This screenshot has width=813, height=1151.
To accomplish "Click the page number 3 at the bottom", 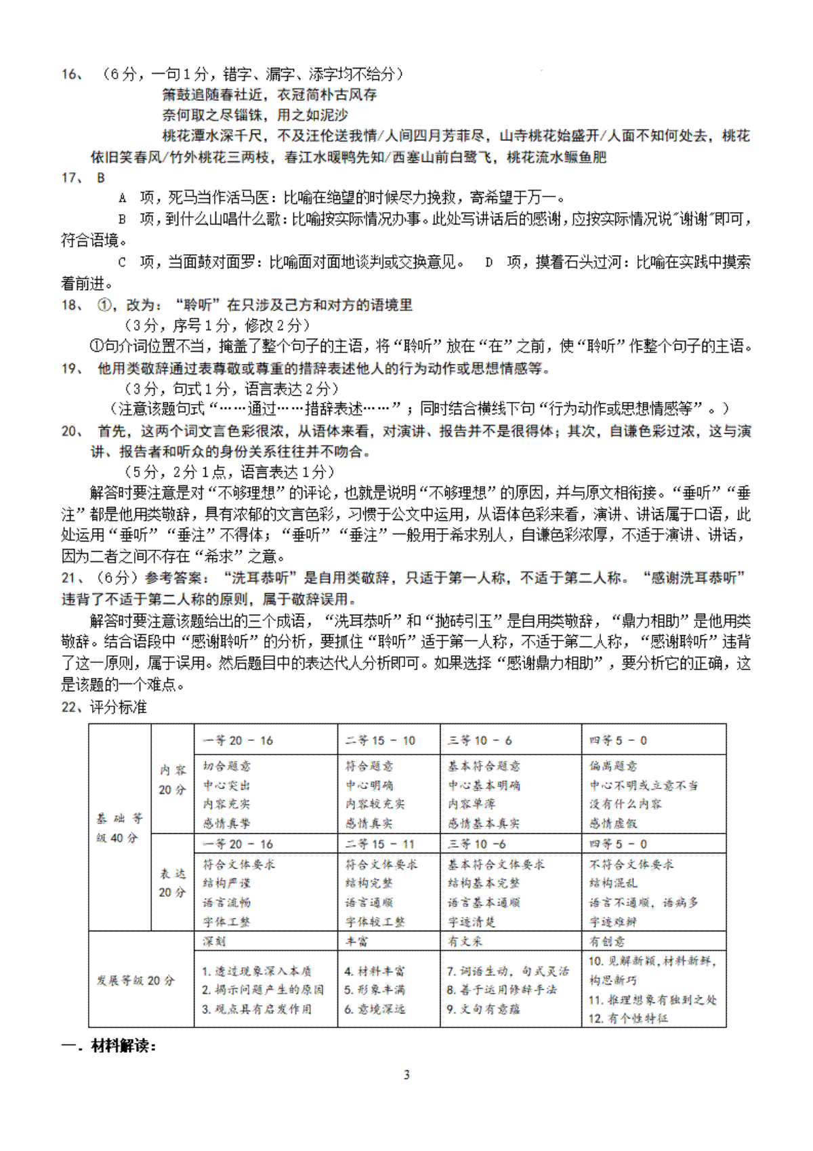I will point(406,1074).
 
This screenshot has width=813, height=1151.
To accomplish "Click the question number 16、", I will point(72,75).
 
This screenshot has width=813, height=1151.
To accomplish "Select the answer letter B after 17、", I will point(102,178).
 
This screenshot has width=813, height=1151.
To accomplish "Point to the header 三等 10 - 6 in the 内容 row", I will point(480,740).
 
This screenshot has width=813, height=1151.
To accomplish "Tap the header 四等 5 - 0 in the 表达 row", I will point(618,844).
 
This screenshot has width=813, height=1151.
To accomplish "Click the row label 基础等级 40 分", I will point(119,828).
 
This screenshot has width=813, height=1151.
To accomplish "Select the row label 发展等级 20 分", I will point(135,980).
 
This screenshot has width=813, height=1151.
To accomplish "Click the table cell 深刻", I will point(214,942).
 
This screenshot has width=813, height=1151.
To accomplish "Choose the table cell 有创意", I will point(607,942).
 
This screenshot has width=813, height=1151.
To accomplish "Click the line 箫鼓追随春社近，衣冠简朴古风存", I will point(269,95).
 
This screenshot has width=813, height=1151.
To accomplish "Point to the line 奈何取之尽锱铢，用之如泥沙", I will point(255,115).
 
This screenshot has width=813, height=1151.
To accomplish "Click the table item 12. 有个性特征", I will point(628,1018).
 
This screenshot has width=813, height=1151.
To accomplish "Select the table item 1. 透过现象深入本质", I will point(257,971).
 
